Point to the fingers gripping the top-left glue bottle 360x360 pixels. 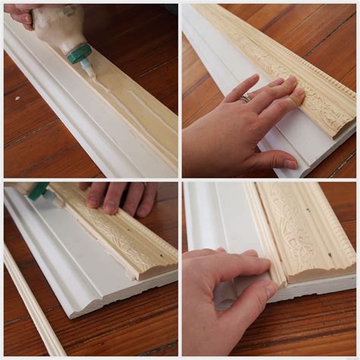[x=19, y=15]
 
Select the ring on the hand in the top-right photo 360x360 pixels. [x=246, y=98]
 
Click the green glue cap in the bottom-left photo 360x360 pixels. [x=38, y=191]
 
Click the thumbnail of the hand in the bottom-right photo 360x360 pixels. [x=270, y=290]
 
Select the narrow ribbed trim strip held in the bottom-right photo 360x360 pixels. [x=262, y=228]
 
